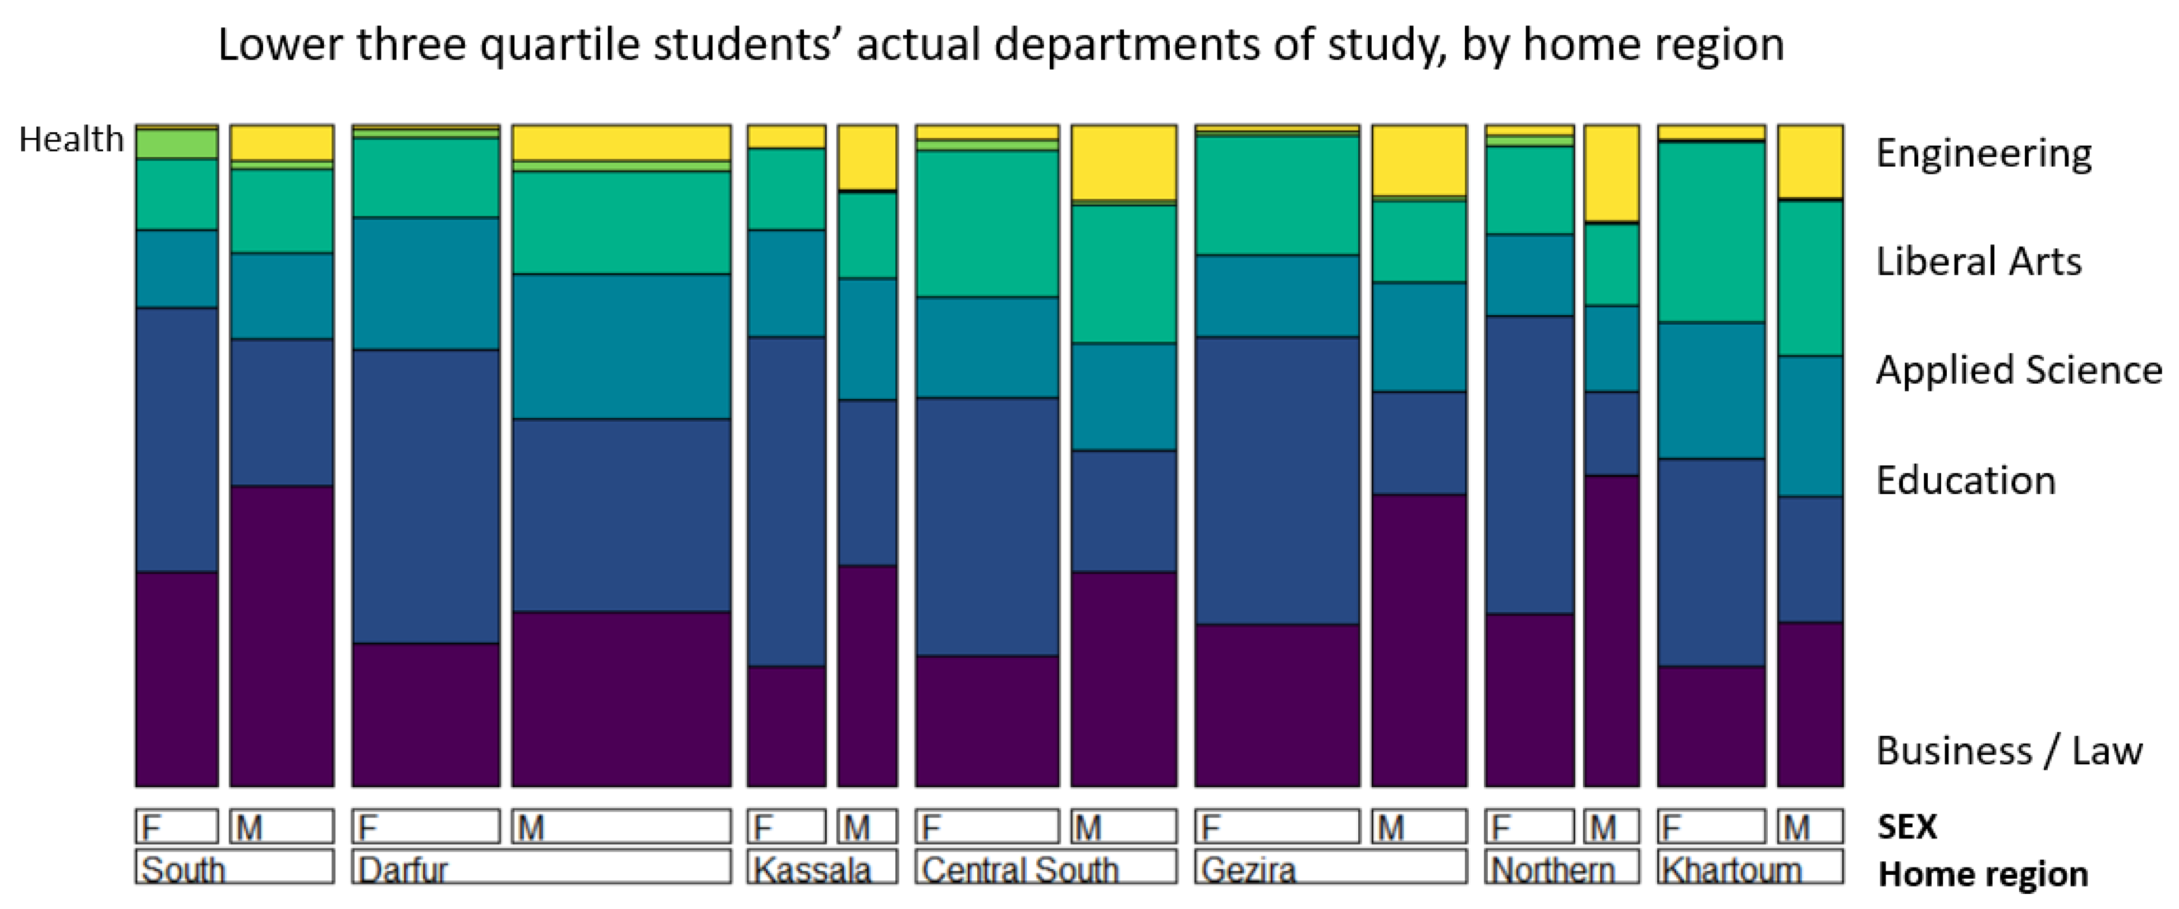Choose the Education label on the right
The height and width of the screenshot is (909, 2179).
[1966, 480]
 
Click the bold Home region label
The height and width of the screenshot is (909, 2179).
[1983, 874]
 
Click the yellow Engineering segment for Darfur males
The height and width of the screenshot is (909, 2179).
[622, 142]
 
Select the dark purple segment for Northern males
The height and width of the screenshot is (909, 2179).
[1611, 630]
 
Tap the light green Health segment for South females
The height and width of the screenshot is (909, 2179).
[177, 144]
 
